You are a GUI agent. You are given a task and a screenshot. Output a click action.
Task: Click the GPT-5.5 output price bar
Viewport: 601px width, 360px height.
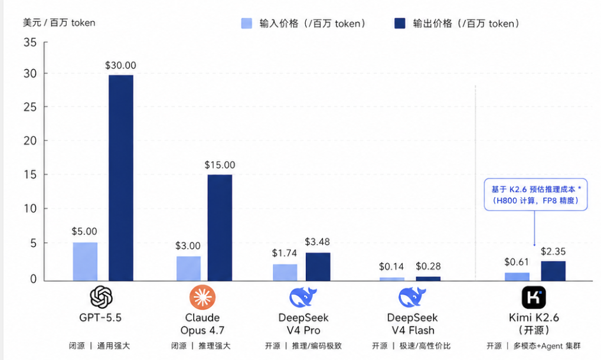pyautogui.click(x=120, y=177)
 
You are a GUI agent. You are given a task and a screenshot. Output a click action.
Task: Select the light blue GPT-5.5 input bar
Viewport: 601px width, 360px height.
pyautogui.click(x=85, y=261)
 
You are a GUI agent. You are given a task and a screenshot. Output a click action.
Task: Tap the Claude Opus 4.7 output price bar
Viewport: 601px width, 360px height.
pyautogui.click(x=220, y=227)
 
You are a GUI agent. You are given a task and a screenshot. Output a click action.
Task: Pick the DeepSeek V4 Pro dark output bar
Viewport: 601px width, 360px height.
pyautogui.click(x=318, y=266)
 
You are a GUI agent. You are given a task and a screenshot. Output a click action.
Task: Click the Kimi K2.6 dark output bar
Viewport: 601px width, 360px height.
pyautogui.click(x=553, y=271)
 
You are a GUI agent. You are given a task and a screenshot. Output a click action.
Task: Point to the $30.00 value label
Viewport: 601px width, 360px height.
pyautogui.click(x=120, y=66)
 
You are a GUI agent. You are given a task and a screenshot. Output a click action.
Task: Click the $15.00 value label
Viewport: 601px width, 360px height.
pyautogui.click(x=220, y=165)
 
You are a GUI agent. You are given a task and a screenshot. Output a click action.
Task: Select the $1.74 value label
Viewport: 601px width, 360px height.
pyautogui.click(x=285, y=253)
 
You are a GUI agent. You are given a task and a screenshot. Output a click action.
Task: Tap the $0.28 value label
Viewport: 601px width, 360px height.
pyautogui.click(x=428, y=267)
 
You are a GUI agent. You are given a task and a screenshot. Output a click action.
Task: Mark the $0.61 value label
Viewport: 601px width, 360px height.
pyautogui.click(x=517, y=262)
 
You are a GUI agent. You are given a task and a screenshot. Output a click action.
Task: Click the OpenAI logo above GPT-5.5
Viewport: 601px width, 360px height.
pyautogui.click(x=101, y=297)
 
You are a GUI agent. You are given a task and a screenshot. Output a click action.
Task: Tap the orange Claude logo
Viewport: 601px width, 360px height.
pyautogui.click(x=202, y=297)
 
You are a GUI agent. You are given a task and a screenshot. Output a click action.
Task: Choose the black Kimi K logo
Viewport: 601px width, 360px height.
pyautogui.click(x=534, y=297)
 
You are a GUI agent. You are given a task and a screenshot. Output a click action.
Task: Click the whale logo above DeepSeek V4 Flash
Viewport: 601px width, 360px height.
pyautogui.click(x=411, y=297)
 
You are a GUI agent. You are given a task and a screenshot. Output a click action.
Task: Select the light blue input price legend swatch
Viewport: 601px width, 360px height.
pyautogui.click(x=247, y=24)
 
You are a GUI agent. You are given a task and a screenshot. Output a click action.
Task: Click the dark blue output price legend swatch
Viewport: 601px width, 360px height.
pyautogui.click(x=400, y=24)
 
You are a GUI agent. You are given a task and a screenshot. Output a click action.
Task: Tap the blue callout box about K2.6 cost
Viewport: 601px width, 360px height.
pyautogui.click(x=535, y=195)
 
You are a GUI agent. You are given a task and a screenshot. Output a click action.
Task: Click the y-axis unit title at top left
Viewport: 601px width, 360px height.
pyautogui.click(x=59, y=22)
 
